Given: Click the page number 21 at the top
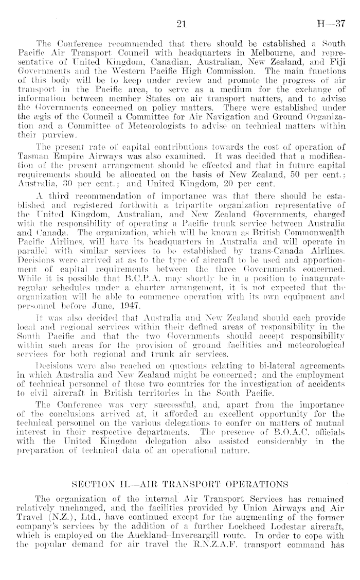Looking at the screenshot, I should (x=180, y=24).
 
